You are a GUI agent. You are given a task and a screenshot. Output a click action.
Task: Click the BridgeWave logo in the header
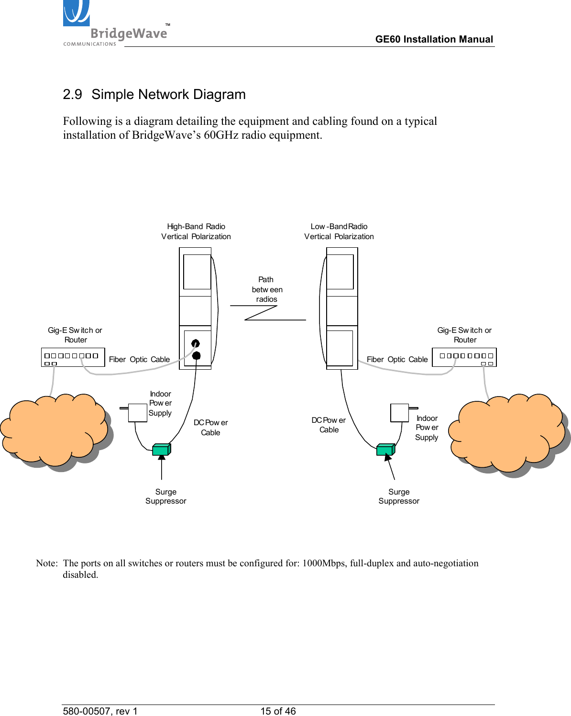(115, 24)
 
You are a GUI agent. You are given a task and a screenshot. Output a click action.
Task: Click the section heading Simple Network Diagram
(154, 94)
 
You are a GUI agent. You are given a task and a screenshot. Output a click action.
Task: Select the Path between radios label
(267, 289)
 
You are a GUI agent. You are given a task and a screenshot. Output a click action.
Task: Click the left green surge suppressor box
(161, 450)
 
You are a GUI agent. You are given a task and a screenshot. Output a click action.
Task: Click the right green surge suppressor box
(385, 450)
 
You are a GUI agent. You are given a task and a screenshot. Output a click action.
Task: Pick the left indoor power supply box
(138, 413)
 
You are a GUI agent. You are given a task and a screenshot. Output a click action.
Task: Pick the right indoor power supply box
(399, 413)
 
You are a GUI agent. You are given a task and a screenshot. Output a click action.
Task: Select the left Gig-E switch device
(73, 357)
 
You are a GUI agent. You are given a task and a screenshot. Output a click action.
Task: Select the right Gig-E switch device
(464, 357)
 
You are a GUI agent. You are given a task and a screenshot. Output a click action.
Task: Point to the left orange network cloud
(55, 429)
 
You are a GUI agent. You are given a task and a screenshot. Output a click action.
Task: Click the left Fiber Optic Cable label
(139, 360)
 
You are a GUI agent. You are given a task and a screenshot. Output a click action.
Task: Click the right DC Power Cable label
(329, 425)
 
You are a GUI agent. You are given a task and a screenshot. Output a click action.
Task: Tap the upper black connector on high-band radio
(195, 343)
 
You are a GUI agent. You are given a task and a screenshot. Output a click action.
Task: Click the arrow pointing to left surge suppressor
(162, 466)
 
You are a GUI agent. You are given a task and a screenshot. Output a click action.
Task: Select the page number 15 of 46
(278, 711)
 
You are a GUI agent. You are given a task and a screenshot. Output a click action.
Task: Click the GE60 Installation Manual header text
(434, 39)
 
